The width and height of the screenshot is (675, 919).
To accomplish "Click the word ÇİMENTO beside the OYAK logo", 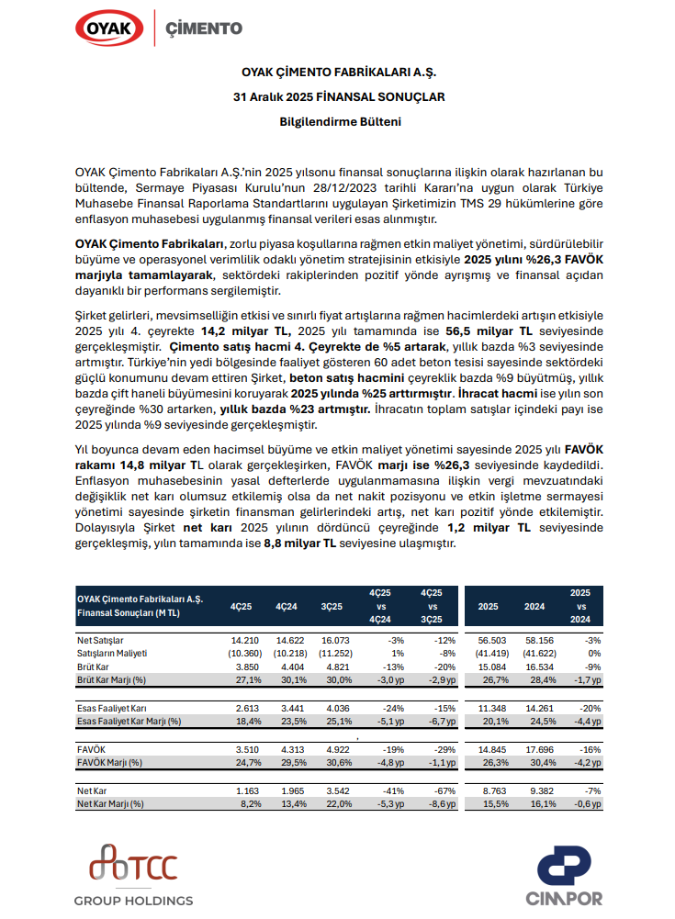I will click(204, 28).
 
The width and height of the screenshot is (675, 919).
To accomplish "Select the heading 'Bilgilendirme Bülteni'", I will click(337, 120).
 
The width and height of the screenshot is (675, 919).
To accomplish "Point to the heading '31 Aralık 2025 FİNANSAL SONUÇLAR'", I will click(337, 95).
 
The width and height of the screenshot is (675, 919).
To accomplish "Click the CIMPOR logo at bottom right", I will click(565, 878).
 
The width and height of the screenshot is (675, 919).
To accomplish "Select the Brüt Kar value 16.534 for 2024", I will click(534, 665).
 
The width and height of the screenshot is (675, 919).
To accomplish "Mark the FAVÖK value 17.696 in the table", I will click(534, 749).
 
